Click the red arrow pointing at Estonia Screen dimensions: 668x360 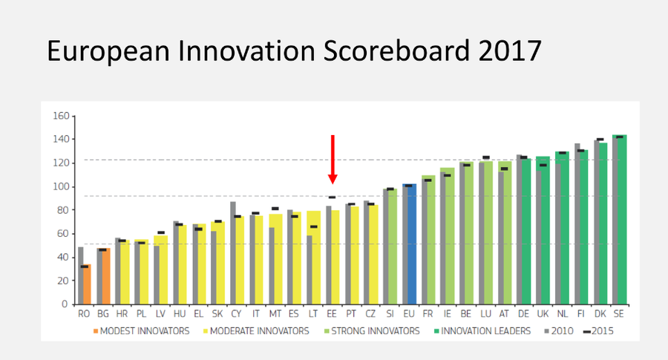(333, 160)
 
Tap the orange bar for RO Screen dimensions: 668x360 (87, 284)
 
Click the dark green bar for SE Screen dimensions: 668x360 (622, 220)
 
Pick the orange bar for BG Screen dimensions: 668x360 (105, 276)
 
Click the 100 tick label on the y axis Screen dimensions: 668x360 (61, 186)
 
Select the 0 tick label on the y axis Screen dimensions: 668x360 (65, 304)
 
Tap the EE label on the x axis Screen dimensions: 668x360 (332, 314)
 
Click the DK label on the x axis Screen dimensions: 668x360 (600, 314)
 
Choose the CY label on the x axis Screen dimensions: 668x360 (236, 314)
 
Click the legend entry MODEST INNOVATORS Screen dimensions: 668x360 (142, 331)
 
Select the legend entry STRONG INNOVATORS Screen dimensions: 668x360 (372, 331)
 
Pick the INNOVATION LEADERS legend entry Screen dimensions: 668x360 (482, 331)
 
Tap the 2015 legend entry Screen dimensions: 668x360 (598, 331)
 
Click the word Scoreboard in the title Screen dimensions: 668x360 (396, 50)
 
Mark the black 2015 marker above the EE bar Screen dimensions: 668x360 (332, 197)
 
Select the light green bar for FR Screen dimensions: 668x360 (430, 240)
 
